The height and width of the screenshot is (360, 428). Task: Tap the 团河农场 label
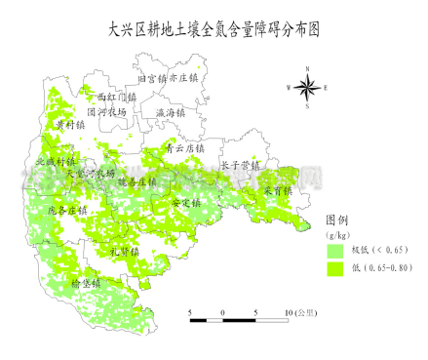coord(106,112)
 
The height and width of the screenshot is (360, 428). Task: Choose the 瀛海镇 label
coord(170,113)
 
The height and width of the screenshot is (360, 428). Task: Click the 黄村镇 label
coord(70,125)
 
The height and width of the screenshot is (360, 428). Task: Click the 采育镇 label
coord(276,191)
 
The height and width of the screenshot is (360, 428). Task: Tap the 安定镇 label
coord(184,203)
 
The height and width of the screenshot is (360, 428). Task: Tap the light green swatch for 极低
coord(336,251)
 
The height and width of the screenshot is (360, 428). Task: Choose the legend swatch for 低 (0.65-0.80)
coord(336,267)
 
